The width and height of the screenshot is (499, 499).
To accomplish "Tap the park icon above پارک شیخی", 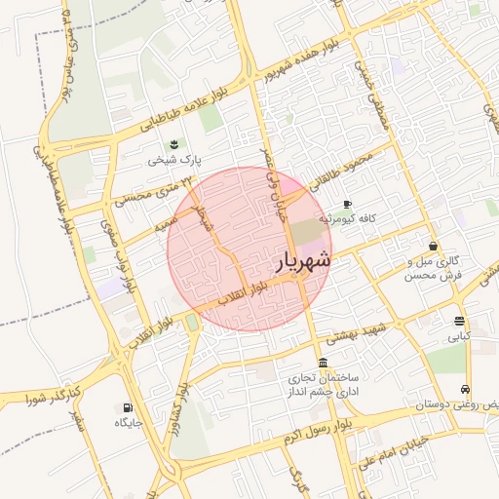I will click(173, 144).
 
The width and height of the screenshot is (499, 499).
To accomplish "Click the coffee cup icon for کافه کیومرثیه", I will click(348, 204).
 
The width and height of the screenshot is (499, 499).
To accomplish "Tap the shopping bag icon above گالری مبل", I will click(433, 247).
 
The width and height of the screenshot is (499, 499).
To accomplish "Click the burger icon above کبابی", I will click(458, 322).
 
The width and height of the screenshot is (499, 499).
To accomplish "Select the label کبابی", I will click(458, 336).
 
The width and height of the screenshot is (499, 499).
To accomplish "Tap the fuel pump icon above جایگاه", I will click(128, 408).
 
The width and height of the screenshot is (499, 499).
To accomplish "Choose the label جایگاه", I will click(129, 423).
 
